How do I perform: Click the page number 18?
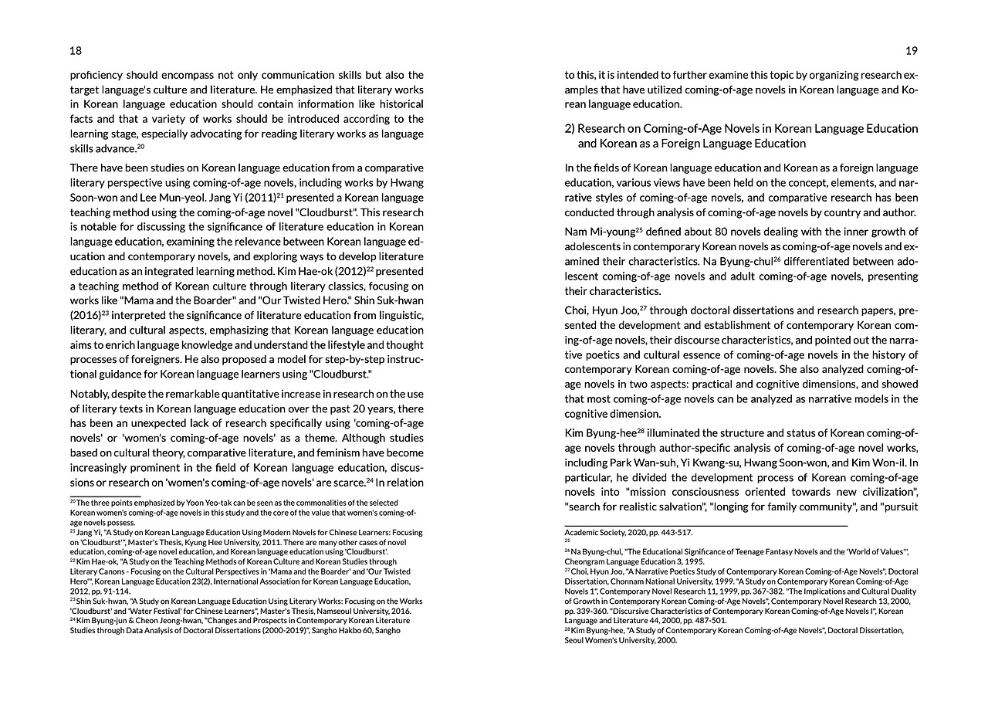(x=76, y=51)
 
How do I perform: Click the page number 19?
(x=912, y=51)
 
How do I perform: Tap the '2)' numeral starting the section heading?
(x=570, y=128)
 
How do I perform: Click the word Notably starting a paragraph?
(x=90, y=395)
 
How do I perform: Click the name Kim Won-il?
(x=883, y=463)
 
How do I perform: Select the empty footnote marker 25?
(x=567, y=541)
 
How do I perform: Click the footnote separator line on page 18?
(x=105, y=496)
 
